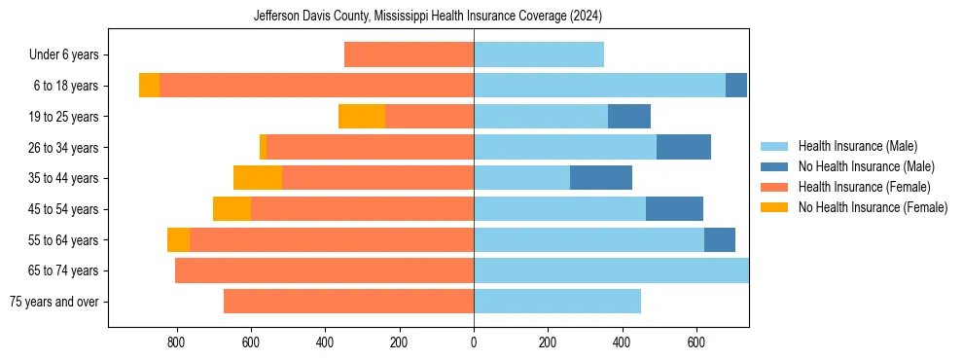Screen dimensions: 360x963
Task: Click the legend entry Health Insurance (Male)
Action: click(857, 146)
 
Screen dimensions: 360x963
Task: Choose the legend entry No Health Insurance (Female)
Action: click(873, 207)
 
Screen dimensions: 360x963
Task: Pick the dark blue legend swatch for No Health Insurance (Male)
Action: click(774, 166)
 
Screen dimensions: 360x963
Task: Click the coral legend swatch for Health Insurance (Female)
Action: click(774, 187)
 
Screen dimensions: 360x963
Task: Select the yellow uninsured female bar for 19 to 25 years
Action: click(362, 117)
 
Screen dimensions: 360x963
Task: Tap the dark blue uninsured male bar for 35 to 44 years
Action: click(601, 178)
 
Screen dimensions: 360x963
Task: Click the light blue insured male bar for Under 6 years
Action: click(539, 55)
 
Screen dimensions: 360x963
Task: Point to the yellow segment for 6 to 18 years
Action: click(149, 86)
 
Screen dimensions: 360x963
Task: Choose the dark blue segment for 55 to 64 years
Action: click(720, 239)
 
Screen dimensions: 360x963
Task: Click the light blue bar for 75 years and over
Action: click(557, 302)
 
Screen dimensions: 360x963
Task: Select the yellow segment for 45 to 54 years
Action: click(232, 209)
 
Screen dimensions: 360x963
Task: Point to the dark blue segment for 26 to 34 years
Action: click(684, 148)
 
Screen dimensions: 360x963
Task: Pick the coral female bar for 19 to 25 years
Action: click(429, 117)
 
